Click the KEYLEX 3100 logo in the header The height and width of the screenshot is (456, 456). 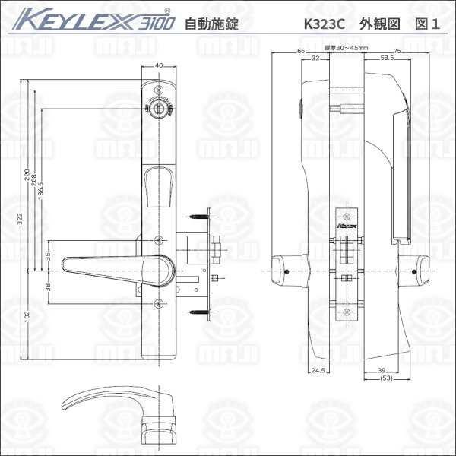pos(92,21)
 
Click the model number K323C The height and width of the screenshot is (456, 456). pos(324,23)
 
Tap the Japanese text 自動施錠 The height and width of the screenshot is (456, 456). pos(211,24)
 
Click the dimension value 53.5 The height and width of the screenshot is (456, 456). pos(387,57)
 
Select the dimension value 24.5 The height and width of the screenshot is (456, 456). pos(318,371)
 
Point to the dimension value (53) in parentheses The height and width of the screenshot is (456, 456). pos(387,378)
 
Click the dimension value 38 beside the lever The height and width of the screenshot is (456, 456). pos(47,287)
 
